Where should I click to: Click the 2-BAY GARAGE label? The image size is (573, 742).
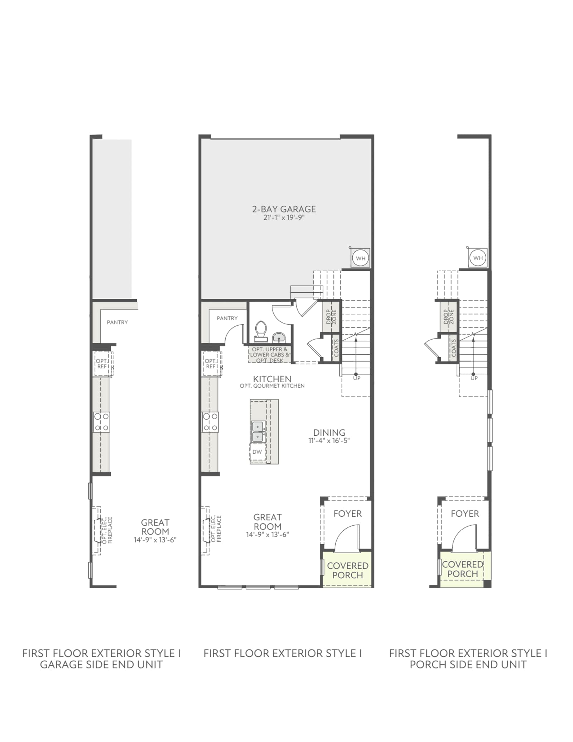coord(284,209)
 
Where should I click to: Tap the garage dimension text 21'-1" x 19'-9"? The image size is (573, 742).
coord(284,217)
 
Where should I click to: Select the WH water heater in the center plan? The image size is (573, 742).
coord(360,258)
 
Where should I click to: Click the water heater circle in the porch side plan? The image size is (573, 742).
coord(478,258)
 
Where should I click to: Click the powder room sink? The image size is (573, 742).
coord(279,337)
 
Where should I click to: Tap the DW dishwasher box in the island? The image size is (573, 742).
coord(257,452)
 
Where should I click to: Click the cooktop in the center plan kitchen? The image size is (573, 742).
coord(210,422)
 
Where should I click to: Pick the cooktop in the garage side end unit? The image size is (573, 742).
coord(101,422)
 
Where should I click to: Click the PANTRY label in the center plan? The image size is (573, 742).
coord(227,318)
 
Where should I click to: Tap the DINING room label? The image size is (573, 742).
coord(329,432)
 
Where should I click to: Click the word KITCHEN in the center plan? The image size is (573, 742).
coord(272,379)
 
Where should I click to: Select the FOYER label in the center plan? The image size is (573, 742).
coord(347,513)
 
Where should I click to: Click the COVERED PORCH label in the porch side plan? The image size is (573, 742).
coord(463,569)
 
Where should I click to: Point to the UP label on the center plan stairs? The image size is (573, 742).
coord(357,378)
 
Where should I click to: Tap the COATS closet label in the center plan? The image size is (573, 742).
coord(336,348)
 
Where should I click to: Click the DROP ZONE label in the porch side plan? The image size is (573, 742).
coord(448,317)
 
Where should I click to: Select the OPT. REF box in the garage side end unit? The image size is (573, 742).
coord(103,364)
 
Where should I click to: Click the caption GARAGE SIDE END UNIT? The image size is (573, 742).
coord(101,664)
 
